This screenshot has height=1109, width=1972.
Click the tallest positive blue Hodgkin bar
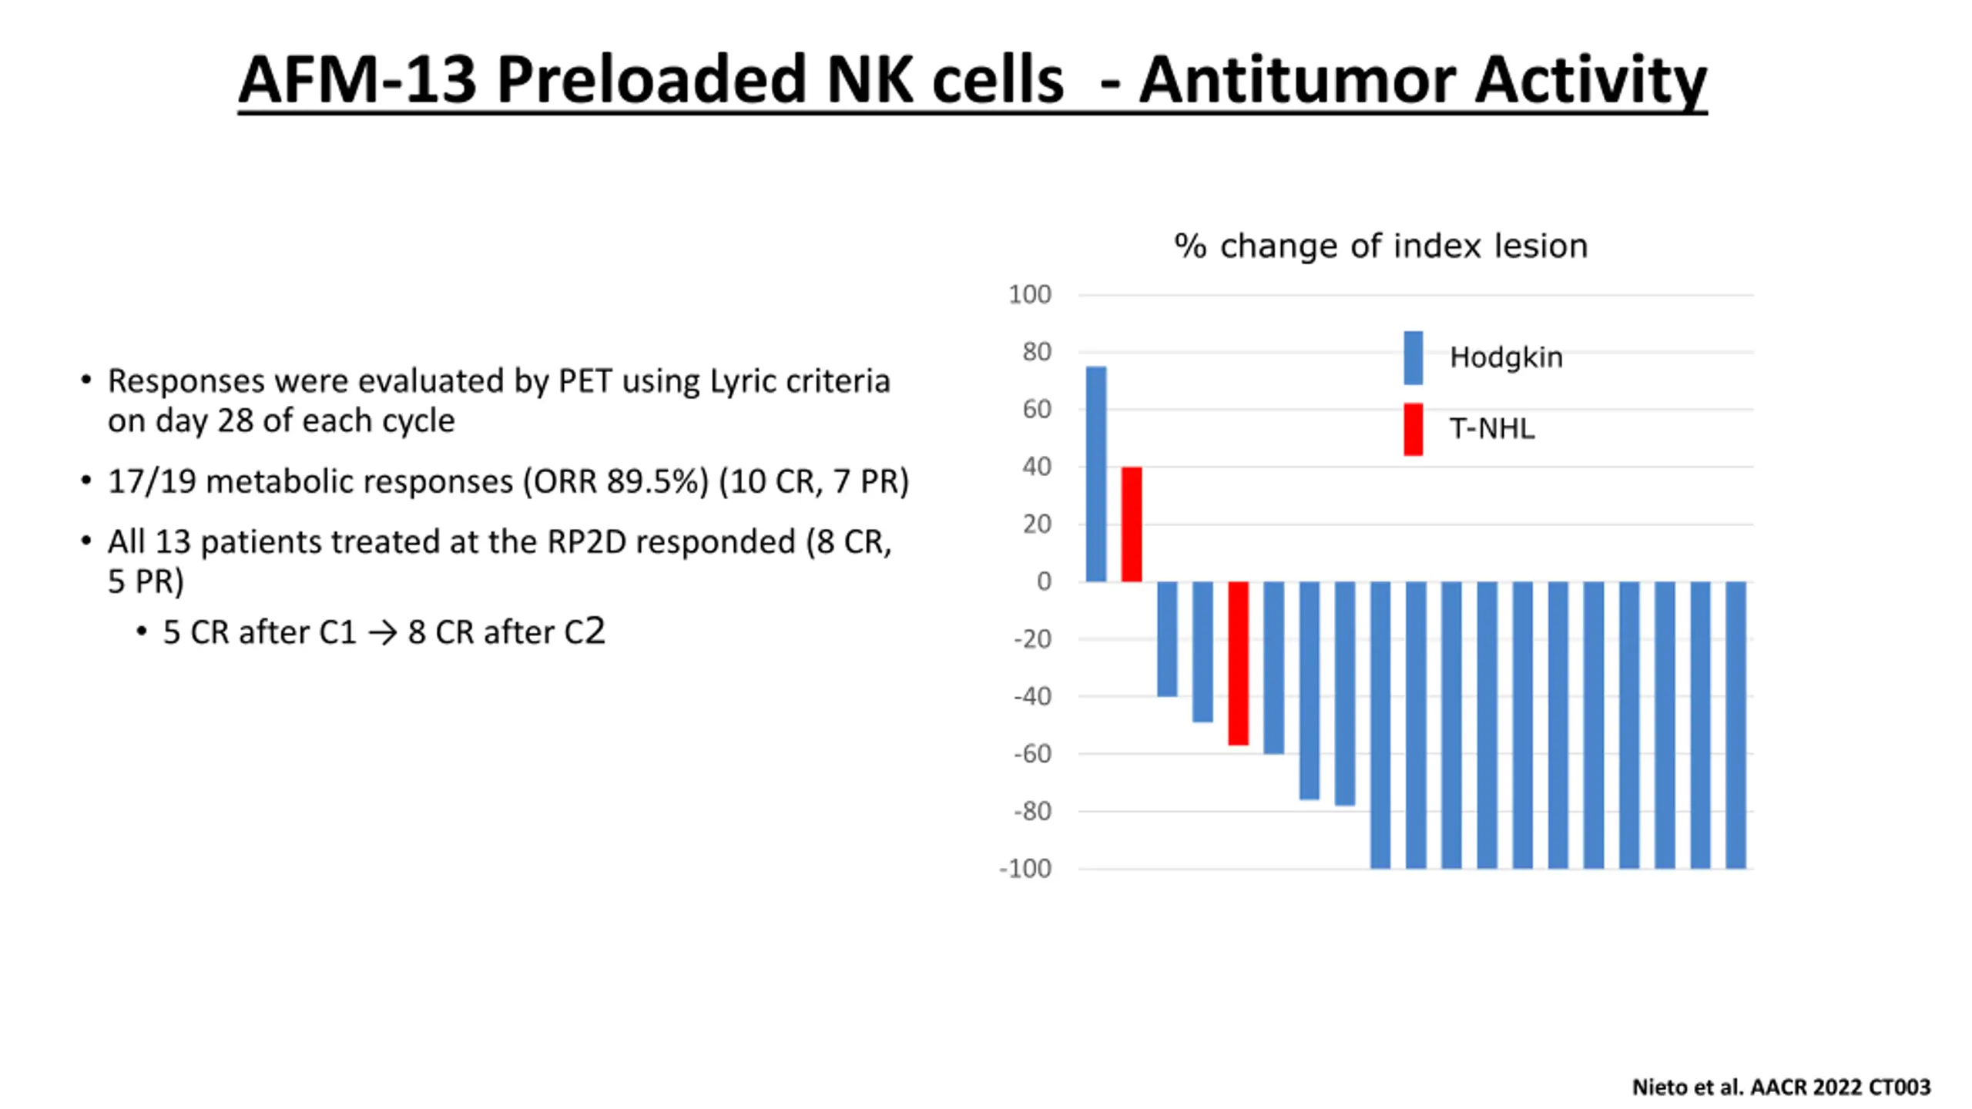click(x=1095, y=474)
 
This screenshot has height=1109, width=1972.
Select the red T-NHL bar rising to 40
click(x=1131, y=524)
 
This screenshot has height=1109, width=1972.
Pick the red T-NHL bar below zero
click(x=1238, y=662)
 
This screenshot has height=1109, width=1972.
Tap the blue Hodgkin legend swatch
click(x=1413, y=357)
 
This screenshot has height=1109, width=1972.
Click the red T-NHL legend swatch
click(x=1413, y=429)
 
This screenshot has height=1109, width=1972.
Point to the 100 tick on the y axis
click(x=1029, y=294)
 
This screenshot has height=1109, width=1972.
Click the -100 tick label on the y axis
click(x=1025, y=869)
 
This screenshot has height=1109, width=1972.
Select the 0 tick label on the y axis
click(x=1044, y=581)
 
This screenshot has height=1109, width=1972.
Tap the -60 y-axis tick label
click(x=1032, y=754)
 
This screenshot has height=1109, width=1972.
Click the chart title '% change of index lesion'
click(x=1380, y=246)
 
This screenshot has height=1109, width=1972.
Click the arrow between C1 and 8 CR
click(x=382, y=633)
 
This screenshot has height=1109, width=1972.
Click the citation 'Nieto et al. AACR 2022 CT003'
click(x=1781, y=1087)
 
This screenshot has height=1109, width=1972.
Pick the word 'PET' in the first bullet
click(x=585, y=381)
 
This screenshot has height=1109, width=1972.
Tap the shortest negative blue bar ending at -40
click(x=1167, y=639)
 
